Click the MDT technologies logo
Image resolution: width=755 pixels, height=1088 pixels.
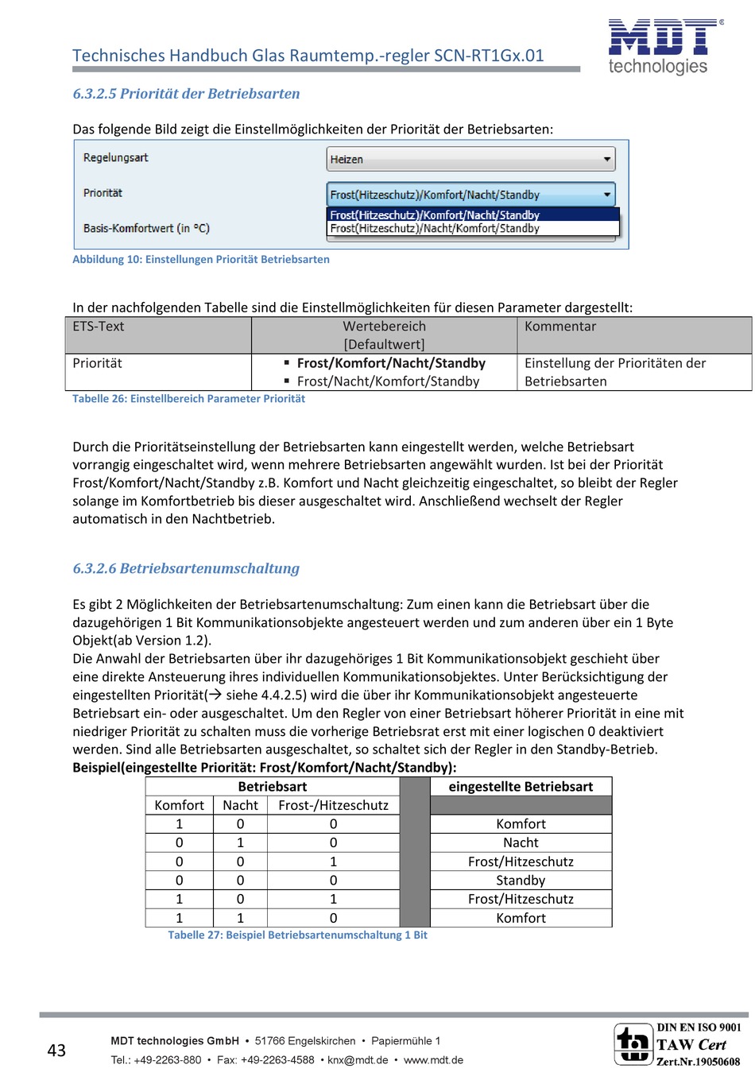coord(664,46)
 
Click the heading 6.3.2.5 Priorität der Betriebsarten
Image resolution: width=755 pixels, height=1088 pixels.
coord(186,94)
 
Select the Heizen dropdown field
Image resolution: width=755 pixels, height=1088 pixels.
coord(470,159)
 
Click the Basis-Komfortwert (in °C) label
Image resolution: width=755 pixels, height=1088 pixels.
coord(146,228)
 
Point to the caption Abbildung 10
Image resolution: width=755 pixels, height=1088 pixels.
coord(200,259)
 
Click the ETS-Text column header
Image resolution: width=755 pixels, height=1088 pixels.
coord(99,327)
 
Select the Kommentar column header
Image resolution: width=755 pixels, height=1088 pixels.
coord(560,327)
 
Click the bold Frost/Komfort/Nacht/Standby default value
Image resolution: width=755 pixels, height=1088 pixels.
coord(391,363)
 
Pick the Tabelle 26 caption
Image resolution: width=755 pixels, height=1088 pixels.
coord(188,399)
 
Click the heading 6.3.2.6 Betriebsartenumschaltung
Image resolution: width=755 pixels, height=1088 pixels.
coord(186,568)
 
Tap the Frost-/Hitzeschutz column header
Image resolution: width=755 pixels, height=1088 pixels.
coord(333,805)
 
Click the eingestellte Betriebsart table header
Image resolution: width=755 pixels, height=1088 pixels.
coord(521,787)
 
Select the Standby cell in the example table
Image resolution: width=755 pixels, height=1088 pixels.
coord(521,881)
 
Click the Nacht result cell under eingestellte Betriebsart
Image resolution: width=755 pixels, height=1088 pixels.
coord(521,842)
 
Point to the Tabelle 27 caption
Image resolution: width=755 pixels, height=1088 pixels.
coord(297,935)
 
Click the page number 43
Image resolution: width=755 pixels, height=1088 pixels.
coord(56,1051)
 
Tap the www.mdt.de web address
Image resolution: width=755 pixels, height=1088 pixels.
coord(433,1060)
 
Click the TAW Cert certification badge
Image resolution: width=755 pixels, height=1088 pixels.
coord(677,1044)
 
